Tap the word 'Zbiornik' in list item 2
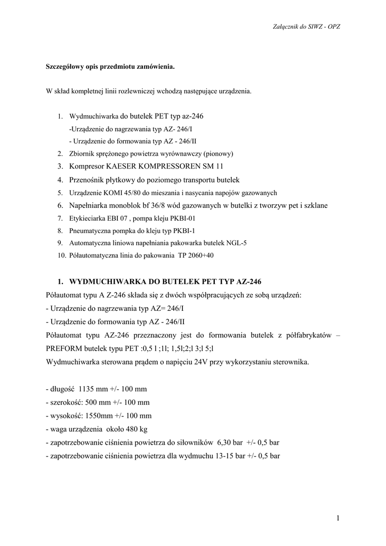tap(82, 154)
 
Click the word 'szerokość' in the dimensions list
tap(66, 402)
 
